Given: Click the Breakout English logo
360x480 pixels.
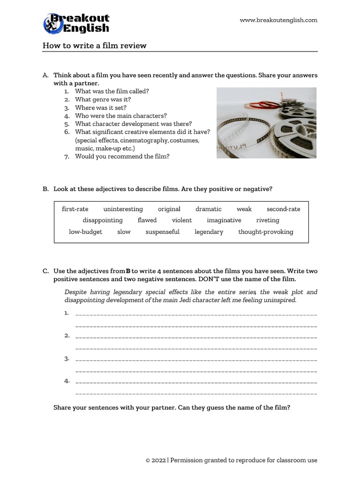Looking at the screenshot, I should pos(76,23).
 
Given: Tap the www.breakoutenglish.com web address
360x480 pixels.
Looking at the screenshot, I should pos(278,20).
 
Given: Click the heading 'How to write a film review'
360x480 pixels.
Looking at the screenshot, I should pos(95,45).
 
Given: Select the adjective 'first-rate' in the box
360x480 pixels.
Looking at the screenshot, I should pos(75,209).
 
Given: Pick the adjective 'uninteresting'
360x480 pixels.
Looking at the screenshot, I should pos(123,209).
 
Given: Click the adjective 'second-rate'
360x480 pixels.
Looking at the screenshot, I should pos(283,209).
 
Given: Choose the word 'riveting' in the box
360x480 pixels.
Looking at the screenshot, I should pos(268,220).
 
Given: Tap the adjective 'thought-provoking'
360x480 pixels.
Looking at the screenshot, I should pos(265,232).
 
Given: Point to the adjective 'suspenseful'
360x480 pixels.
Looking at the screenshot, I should pos(162,232).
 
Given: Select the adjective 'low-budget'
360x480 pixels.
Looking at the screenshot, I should pos(85,232).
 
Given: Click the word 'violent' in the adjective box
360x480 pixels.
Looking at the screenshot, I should pos(182,220).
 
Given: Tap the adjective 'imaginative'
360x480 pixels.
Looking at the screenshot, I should pos(224,220).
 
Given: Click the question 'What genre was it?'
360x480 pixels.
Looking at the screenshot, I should pos(103,100).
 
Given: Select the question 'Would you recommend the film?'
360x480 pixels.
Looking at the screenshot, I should pos(122,157).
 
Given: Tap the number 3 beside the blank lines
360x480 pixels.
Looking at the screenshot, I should pos(67,359).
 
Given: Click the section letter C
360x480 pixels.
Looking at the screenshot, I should pos(45,271).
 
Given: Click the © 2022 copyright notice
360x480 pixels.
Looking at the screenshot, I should pos(232,460).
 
